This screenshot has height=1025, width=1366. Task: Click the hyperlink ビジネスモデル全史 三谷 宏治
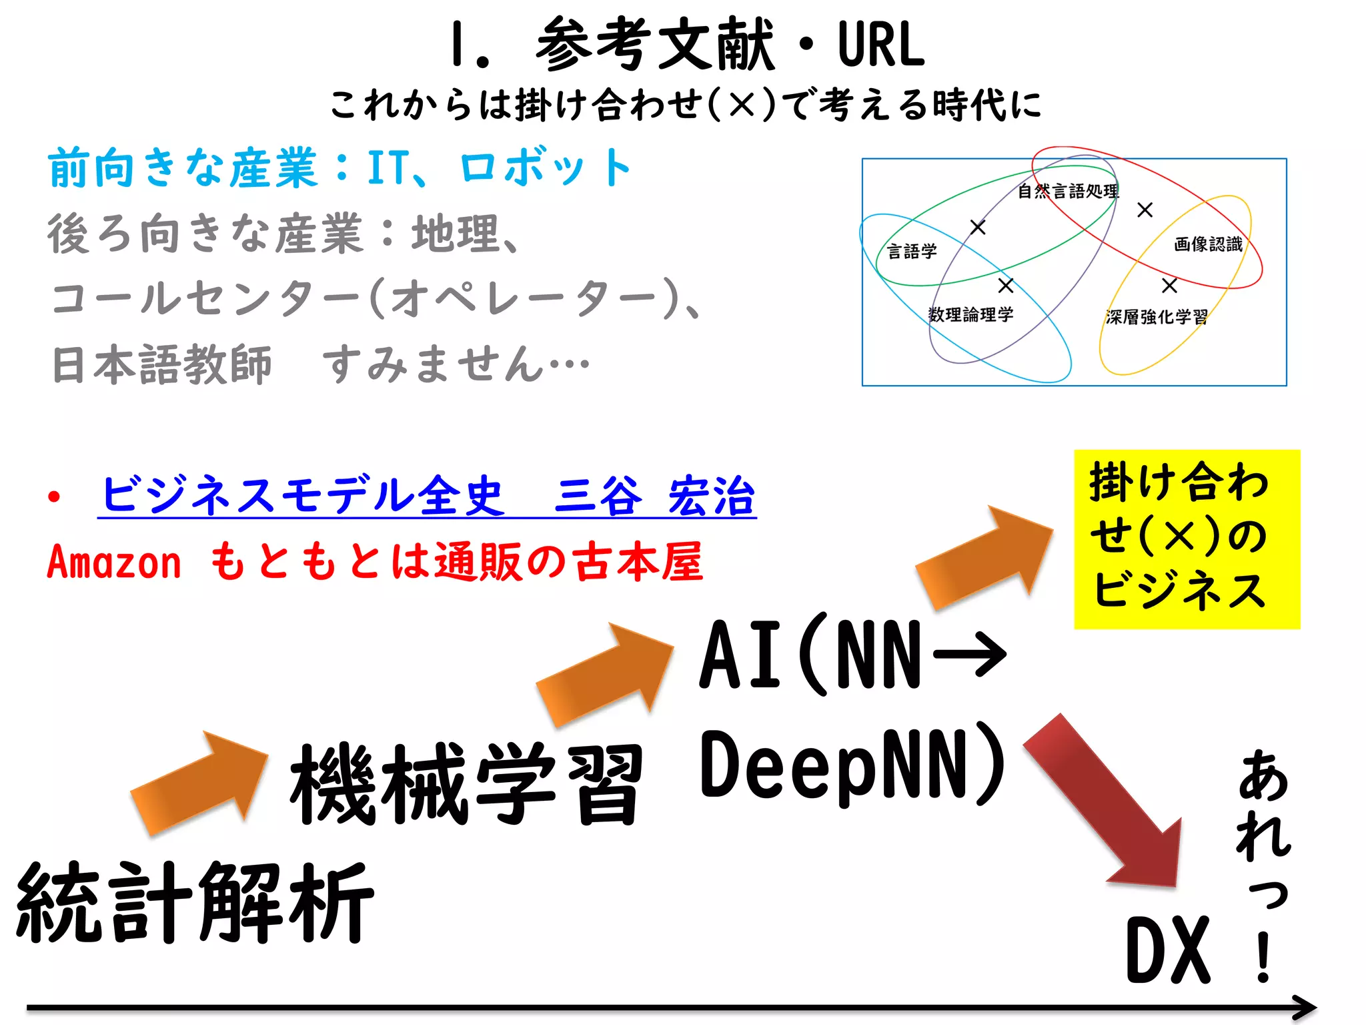click(x=427, y=496)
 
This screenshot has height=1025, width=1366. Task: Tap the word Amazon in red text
click(x=114, y=562)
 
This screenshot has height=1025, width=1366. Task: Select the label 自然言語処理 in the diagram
click(x=1068, y=192)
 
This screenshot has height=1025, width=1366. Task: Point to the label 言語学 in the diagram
click(x=912, y=252)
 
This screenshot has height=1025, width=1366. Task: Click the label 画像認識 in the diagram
click(x=1208, y=244)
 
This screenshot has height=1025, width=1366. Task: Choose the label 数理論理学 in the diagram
click(x=970, y=314)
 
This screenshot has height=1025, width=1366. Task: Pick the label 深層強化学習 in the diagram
click(x=1157, y=317)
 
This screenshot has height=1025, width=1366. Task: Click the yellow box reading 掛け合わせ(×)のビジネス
click(x=1187, y=539)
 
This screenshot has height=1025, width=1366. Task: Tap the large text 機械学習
click(x=466, y=785)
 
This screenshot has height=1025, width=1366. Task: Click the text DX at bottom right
click(x=1167, y=950)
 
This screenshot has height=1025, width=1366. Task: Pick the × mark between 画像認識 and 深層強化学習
click(x=1169, y=286)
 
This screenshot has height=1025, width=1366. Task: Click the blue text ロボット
click(x=545, y=167)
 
